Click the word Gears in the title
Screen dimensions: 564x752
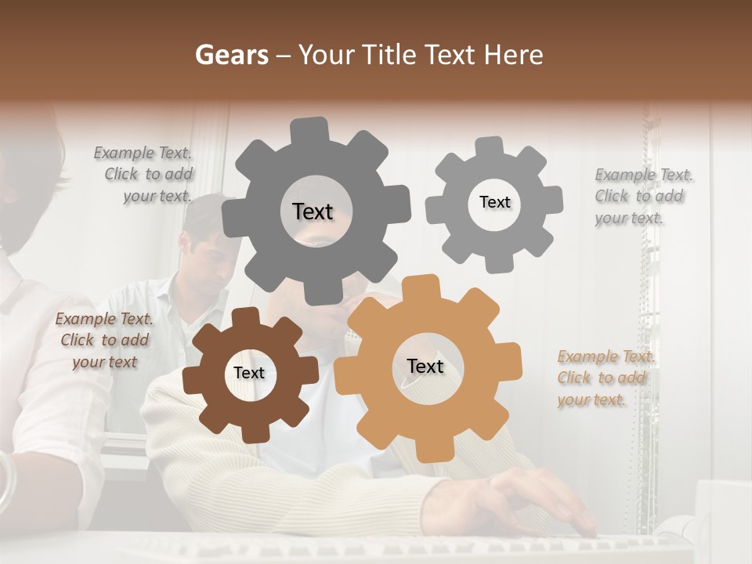(x=230, y=55)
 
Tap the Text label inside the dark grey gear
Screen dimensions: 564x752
(x=313, y=211)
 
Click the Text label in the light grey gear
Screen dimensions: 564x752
(x=494, y=202)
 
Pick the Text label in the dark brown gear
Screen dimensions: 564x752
(x=249, y=374)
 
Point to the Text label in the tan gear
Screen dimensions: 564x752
(x=425, y=367)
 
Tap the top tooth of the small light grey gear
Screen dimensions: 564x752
(x=489, y=146)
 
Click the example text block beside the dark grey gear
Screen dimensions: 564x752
(x=146, y=175)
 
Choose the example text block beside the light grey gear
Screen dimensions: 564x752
(x=642, y=196)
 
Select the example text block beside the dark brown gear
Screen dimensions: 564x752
(x=104, y=340)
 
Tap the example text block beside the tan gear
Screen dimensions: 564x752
(x=603, y=378)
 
